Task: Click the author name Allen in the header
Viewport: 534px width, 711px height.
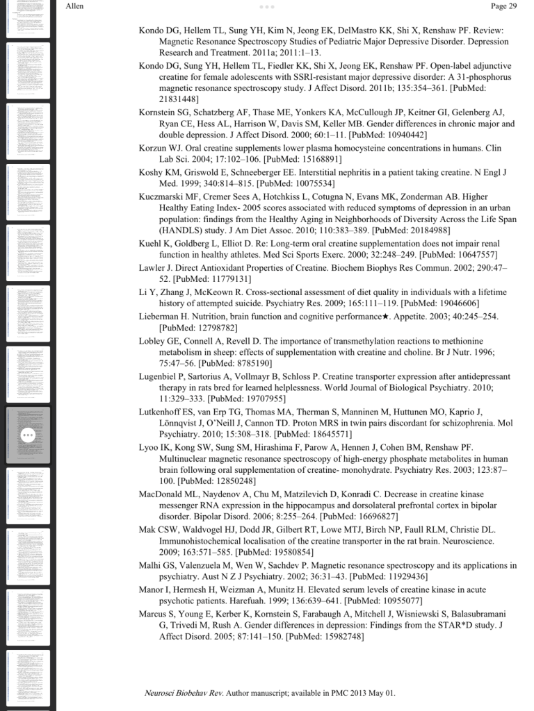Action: pyautogui.click(x=74, y=6)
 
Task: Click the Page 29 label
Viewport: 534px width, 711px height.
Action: pyautogui.click(x=503, y=6)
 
